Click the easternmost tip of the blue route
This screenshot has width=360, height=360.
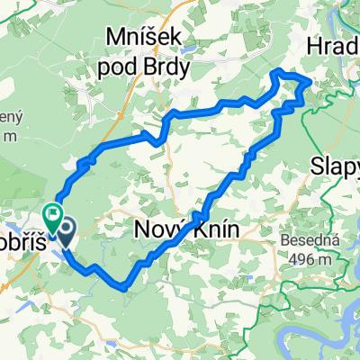coord(310,83)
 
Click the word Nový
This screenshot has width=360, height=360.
coord(157,230)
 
